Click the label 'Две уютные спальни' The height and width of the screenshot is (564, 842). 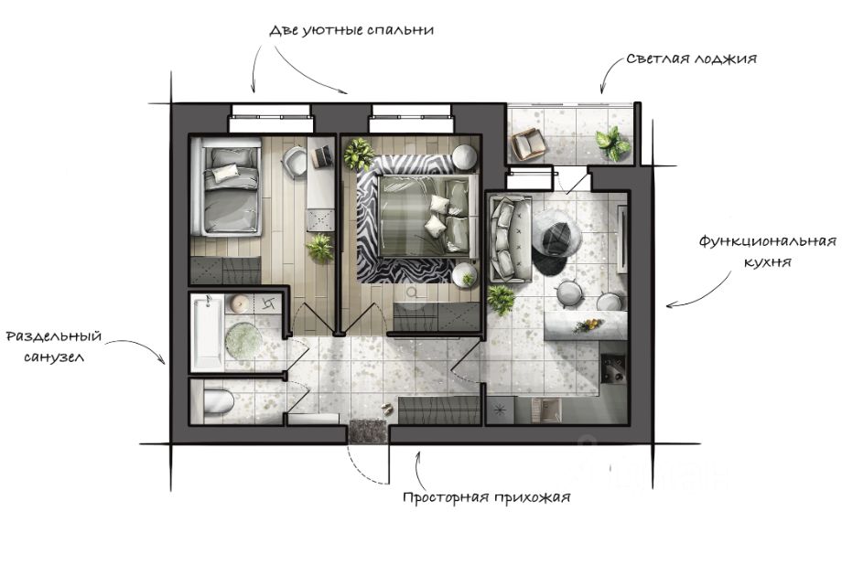point(350,30)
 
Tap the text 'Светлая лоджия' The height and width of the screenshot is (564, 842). point(691,59)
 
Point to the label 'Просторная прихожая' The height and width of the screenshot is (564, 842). point(486,498)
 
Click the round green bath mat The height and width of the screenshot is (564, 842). point(243,340)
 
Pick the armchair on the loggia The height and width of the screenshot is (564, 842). point(529,144)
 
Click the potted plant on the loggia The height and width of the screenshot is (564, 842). point(610,142)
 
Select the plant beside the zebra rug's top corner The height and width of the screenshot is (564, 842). point(358,153)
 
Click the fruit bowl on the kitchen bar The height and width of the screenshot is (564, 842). point(587,325)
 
